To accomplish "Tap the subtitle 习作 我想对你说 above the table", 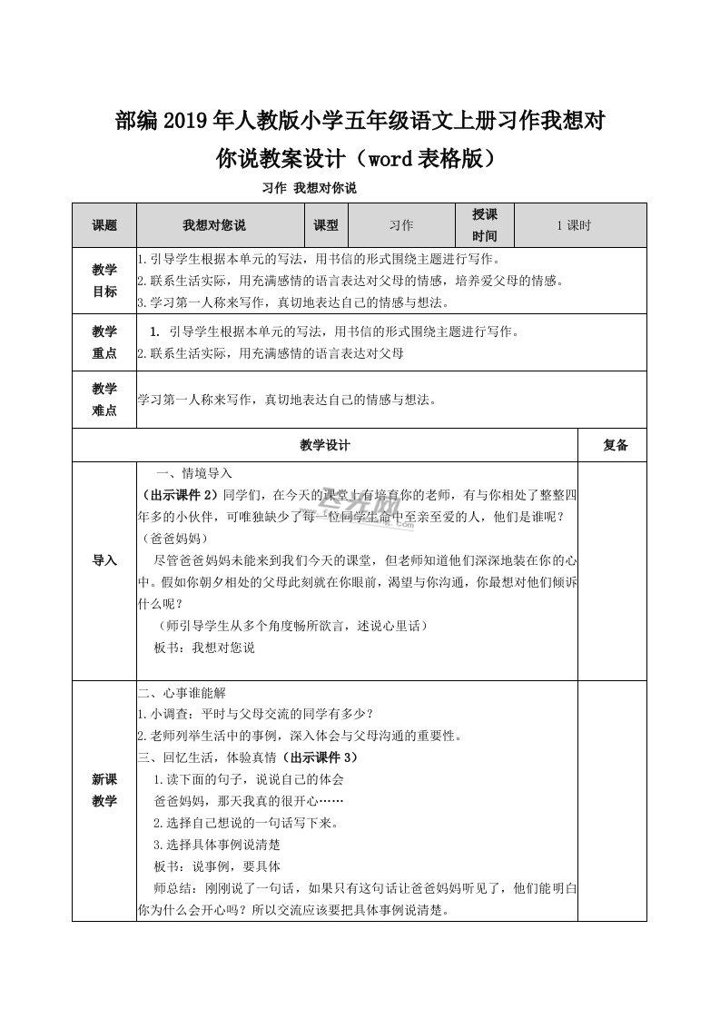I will tap(309, 189).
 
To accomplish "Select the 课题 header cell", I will tap(104, 225).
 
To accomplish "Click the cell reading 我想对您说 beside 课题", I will tap(214, 225).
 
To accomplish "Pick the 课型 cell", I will tap(325, 225).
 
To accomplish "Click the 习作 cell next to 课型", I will tap(400, 225).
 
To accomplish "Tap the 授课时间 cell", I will tap(485, 225).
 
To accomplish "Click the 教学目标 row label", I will tap(104, 280).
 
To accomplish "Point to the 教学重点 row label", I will tap(104, 342).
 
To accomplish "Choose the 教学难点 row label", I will tap(104, 400).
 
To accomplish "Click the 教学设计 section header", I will tap(324, 445).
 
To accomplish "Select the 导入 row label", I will tap(104, 560).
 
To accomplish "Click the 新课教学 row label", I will tap(104, 789).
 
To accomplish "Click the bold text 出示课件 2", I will tap(181, 495).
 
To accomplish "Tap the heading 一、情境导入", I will tap(195, 474).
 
